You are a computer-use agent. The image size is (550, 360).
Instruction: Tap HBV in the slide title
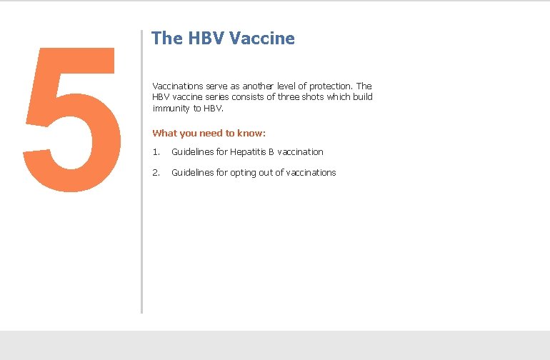(x=206, y=39)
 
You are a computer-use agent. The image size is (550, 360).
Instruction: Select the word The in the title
(x=166, y=39)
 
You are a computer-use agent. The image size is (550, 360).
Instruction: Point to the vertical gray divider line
(x=141, y=171)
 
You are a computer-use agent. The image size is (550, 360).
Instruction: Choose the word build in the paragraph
(x=361, y=97)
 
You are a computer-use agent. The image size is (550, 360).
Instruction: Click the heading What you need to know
(x=209, y=133)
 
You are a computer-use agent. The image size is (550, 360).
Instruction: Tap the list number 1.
(x=155, y=151)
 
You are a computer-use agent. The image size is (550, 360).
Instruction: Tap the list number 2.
(x=155, y=172)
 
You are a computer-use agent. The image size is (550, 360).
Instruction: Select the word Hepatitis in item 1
(x=248, y=151)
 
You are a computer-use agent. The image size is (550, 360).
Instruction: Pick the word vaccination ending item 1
(x=300, y=151)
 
